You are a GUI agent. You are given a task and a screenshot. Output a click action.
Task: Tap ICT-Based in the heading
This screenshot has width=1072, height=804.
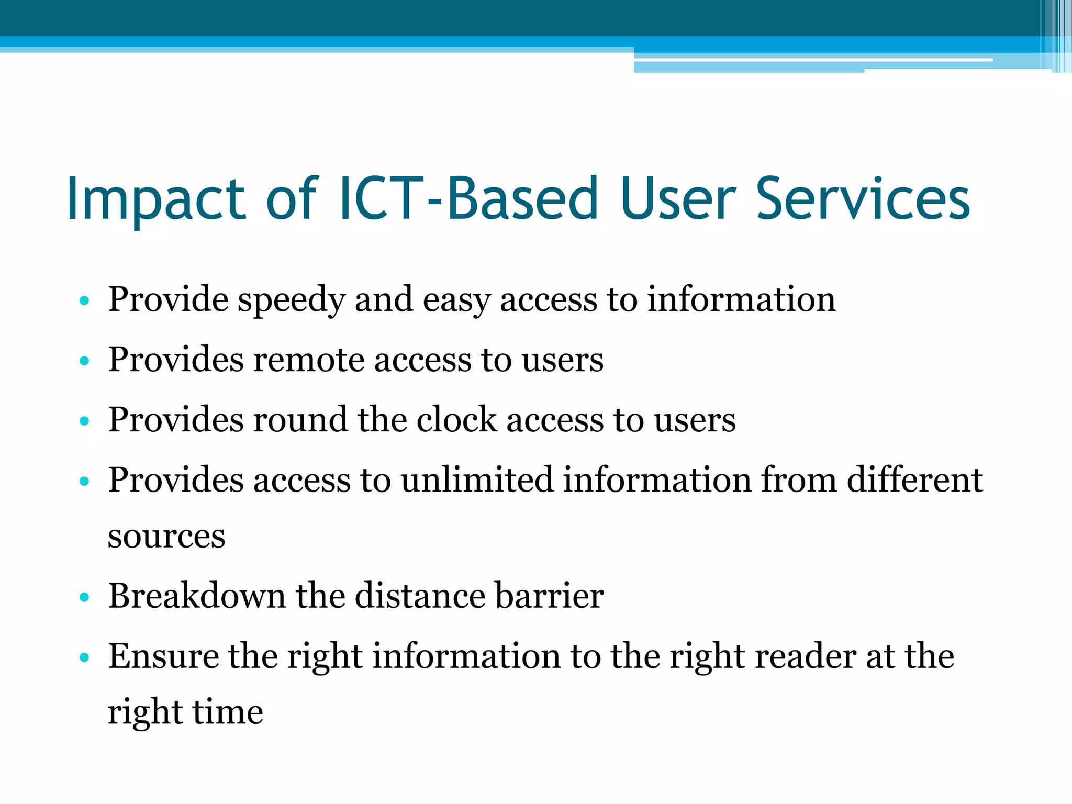pos(468,199)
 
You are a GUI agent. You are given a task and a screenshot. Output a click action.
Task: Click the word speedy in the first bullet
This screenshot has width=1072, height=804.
pos(291,300)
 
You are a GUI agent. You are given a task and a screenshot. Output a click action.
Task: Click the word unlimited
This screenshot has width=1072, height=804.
pos(477,480)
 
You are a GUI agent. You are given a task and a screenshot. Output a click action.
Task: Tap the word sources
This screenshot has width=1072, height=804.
pos(166,537)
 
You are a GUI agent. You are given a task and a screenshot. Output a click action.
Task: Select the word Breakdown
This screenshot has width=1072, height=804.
pos(197,596)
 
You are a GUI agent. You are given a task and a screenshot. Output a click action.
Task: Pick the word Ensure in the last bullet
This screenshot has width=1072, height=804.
pos(163,656)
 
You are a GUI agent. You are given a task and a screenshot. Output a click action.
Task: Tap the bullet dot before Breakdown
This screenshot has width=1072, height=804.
pos(84,597)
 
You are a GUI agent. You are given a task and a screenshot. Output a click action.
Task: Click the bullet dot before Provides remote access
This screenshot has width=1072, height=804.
pos(84,361)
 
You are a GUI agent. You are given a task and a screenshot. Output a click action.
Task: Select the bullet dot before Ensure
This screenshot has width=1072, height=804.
pos(84,657)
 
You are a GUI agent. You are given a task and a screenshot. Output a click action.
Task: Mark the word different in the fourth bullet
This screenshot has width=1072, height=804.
pos(914,480)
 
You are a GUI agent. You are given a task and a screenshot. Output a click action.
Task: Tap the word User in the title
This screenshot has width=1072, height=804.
pos(678,199)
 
